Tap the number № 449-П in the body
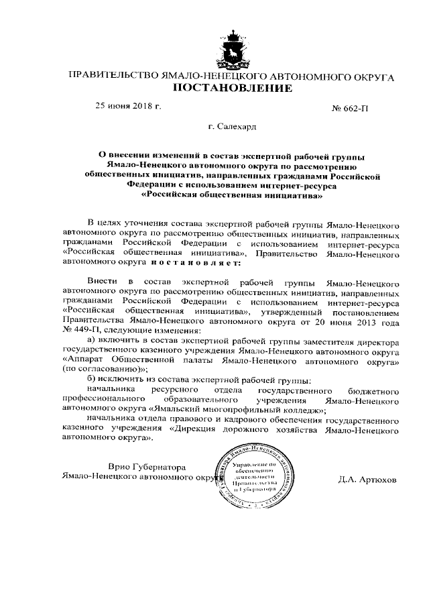tap(81, 330)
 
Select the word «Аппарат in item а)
tap(84, 359)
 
